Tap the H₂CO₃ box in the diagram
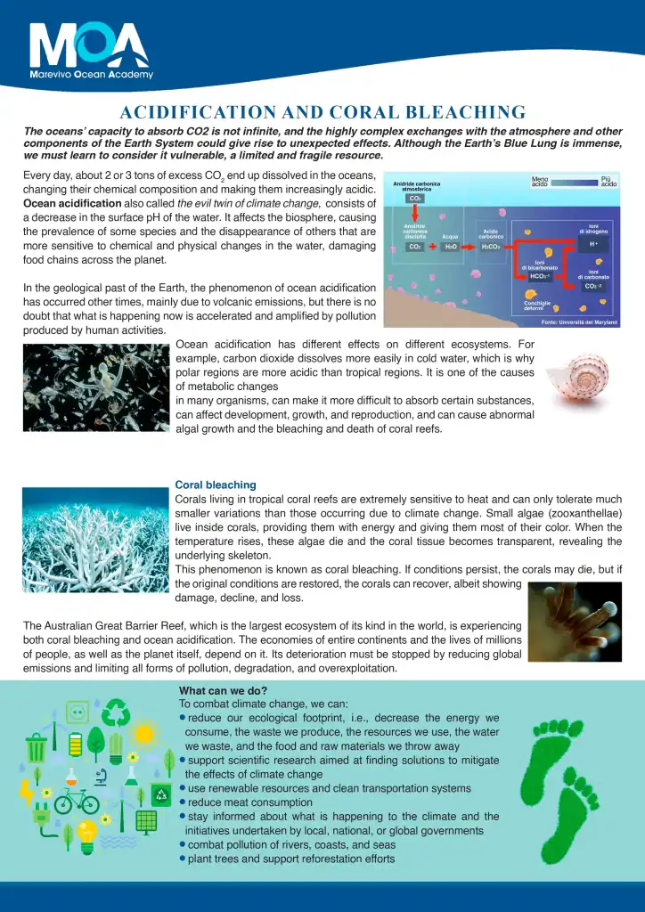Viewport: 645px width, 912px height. coord(491,247)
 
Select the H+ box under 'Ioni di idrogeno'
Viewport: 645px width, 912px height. coord(592,244)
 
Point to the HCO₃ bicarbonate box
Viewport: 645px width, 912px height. coord(541,276)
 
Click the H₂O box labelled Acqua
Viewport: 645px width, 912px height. coord(451,247)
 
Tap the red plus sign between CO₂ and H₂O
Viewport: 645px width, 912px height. coord(432,246)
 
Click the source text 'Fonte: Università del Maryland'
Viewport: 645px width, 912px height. coord(578,322)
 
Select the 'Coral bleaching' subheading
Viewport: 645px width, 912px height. coord(215,485)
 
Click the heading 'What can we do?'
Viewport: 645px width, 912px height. coord(223,691)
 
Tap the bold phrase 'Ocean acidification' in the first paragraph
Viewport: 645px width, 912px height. coord(72,203)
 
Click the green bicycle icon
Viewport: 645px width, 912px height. coord(77,800)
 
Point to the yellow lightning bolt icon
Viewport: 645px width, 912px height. coord(26,793)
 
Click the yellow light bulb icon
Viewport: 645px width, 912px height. coord(86,835)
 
